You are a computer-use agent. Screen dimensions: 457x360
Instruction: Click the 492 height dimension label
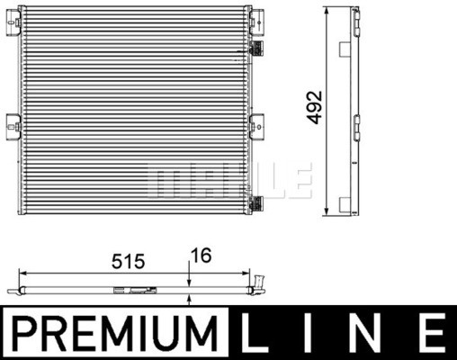click(314, 107)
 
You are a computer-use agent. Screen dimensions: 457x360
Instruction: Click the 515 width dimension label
click(128, 261)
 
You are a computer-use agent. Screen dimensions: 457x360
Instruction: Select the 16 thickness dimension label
click(202, 256)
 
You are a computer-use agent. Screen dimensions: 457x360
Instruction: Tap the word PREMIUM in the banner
click(114, 333)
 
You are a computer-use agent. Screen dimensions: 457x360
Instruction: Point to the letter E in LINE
click(430, 332)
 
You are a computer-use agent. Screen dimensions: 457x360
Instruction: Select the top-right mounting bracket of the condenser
click(257, 22)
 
